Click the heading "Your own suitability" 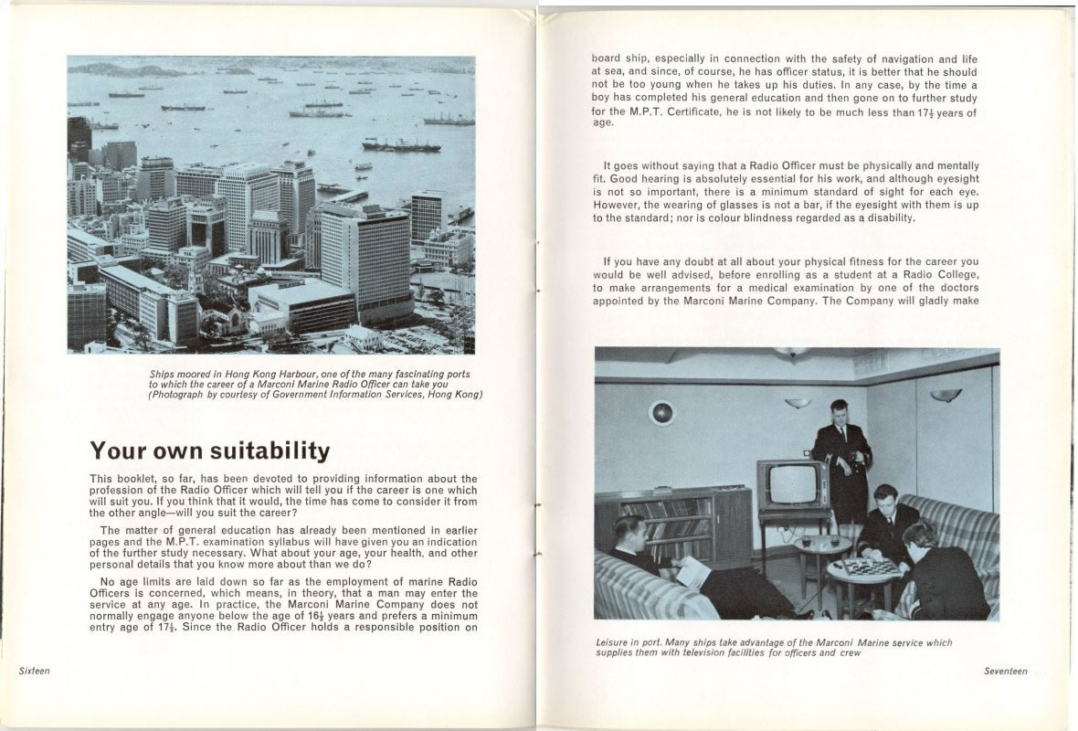tap(209, 451)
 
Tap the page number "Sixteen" tap(35, 671)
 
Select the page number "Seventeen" tap(1005, 672)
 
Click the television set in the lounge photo tap(791, 484)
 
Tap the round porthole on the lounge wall tap(661, 413)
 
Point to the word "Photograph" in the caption tap(180, 395)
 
